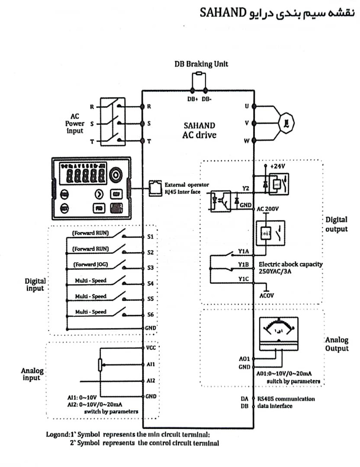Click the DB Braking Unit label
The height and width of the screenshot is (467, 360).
201,64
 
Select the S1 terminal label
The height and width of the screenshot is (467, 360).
150,237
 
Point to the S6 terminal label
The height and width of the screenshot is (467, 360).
150,314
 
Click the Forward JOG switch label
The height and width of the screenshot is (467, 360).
90,264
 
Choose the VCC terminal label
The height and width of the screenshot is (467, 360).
151,348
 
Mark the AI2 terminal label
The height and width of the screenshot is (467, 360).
151,381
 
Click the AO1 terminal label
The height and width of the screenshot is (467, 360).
244,359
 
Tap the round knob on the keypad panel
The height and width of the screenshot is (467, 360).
117,175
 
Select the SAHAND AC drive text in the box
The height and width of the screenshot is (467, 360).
199,130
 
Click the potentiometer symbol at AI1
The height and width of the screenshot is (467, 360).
100,366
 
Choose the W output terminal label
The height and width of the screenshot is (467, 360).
247,141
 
